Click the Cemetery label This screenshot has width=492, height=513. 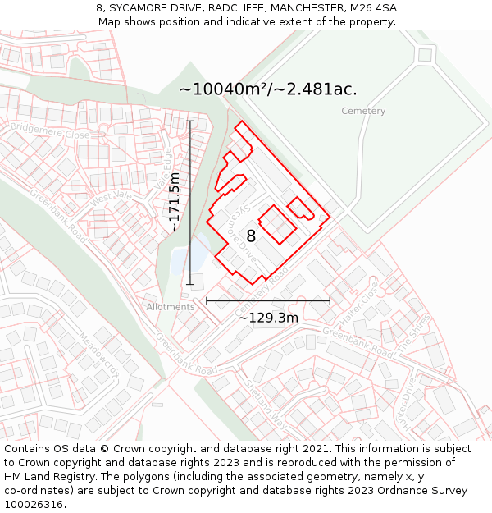pos(363,111)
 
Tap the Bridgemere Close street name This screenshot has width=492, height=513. pos(50,134)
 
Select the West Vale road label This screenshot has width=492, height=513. pos(112,197)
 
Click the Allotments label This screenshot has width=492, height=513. pos(171,307)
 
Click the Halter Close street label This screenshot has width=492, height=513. pos(360,305)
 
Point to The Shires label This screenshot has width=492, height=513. pos(414,332)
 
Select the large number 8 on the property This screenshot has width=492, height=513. pos(251,236)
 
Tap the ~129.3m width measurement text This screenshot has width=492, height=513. pos(268,318)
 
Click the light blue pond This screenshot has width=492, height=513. pos(180,259)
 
